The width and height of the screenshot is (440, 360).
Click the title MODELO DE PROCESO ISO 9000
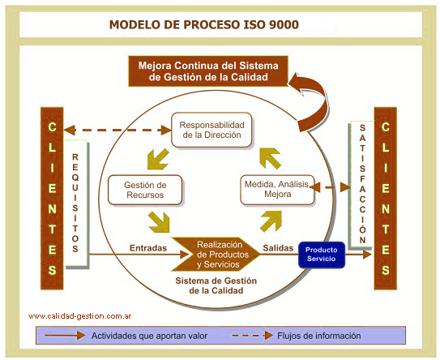pyautogui.click(x=203, y=24)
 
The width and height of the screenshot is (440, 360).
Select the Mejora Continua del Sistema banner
pyautogui.click(x=209, y=71)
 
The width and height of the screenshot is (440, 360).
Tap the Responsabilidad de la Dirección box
pyautogui.click(x=211, y=130)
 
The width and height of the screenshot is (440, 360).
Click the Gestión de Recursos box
pyautogui.click(x=145, y=190)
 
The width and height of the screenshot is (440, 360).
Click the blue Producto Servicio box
pyautogui.click(x=322, y=255)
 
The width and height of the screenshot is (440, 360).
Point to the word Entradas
pyautogui.click(x=148, y=247)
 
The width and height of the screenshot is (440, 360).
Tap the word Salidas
pyautogui.click(x=279, y=247)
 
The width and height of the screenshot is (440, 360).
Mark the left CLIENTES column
pyautogui.click(x=52, y=198)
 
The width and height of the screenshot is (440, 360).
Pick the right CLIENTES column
pyautogui.click(x=385, y=198)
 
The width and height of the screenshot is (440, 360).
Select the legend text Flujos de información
pyautogui.click(x=318, y=336)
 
